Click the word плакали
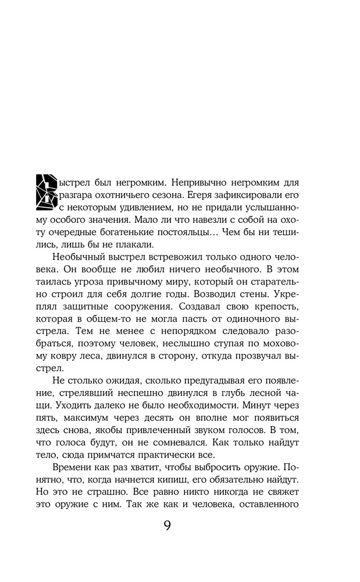point(116,246)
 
